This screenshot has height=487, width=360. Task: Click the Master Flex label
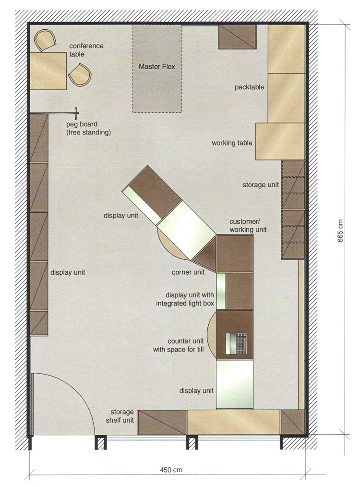coord(157,66)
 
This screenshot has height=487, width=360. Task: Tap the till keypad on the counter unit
coord(242,343)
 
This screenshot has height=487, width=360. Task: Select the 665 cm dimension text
coord(340,231)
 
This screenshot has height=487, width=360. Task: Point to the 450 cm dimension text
coord(171,470)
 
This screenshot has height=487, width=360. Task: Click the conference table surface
coord(48,71)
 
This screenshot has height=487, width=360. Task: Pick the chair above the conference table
coord(45,40)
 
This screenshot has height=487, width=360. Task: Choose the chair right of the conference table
coord(80,75)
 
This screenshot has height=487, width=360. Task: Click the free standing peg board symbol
coord(76,113)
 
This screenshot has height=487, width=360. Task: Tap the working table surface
coord(280,142)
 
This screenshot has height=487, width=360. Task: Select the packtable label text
coord(249,87)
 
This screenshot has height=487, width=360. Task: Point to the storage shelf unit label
coord(120,416)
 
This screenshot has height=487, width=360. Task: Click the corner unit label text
coord(188,272)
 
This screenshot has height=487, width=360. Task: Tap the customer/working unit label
coord(248,225)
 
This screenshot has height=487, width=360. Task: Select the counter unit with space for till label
coord(179,345)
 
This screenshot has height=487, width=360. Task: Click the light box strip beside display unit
coord(221,291)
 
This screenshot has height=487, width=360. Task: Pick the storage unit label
coord(261,185)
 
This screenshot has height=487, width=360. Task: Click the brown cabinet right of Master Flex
coord(238,37)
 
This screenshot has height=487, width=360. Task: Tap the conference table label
coord(86,50)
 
